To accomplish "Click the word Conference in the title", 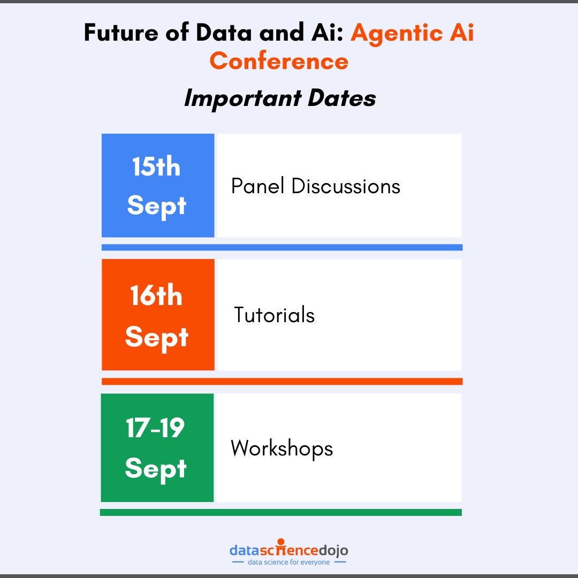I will pos(279,61).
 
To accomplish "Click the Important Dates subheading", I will pos(280,98).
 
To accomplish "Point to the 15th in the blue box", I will pos(156,167).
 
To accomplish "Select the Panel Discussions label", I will pos(315,186).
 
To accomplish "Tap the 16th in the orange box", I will pos(156,296).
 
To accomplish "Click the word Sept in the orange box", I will pos(156,338).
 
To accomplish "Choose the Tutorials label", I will pos(274,315).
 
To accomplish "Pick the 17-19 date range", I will pos(155,428).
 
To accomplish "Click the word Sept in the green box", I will pos(156,469).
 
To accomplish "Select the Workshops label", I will pos(282,448).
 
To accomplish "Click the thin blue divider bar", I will pos(282,247).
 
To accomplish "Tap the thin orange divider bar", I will pos(282,382).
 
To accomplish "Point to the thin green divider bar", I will pos(281,512).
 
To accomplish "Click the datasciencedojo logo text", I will pos(288,550).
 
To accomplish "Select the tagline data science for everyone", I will pos(289,562).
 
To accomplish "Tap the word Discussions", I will pos(346,186).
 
